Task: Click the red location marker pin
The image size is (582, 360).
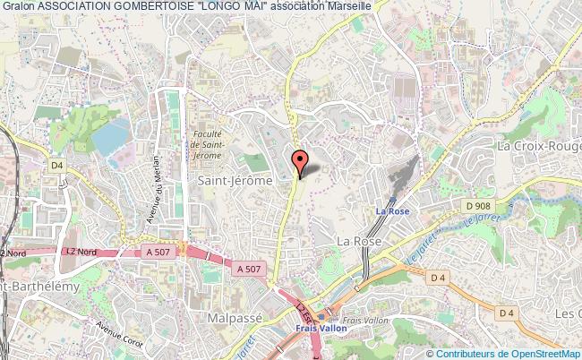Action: pyautogui.click(x=301, y=162)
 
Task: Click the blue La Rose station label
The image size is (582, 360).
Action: pyautogui.click(x=392, y=212)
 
